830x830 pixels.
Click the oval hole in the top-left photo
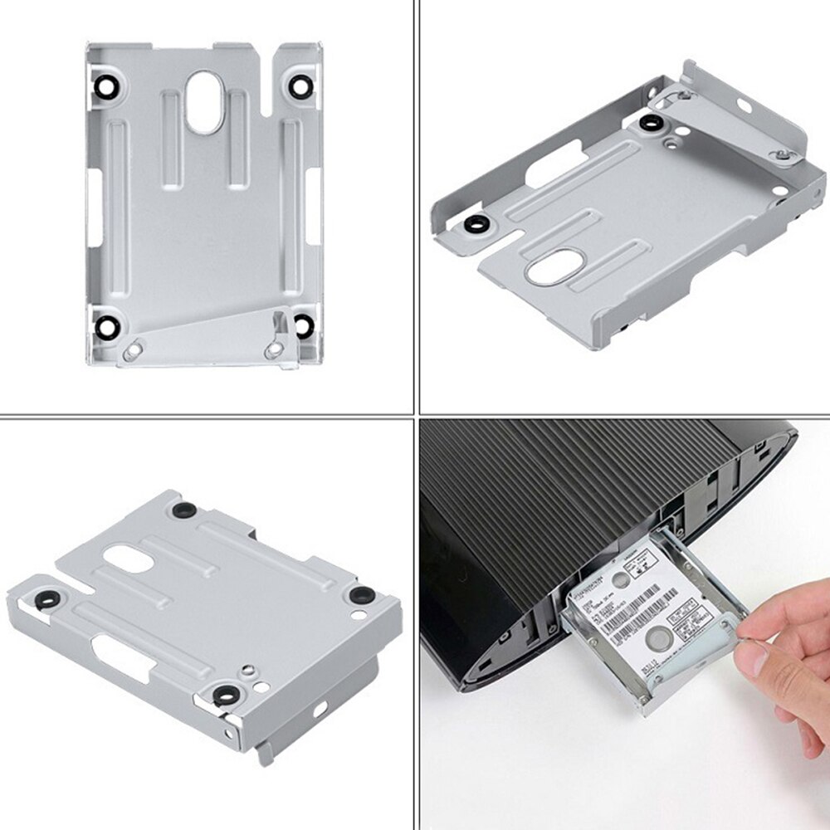coord(203,101)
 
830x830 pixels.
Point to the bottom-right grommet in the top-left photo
coord(304,325)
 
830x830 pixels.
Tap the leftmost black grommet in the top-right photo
coord(476,224)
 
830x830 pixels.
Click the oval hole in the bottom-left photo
coord(129,559)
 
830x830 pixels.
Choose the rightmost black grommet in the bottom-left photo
coord(361,595)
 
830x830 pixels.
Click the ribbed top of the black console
coord(581,473)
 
